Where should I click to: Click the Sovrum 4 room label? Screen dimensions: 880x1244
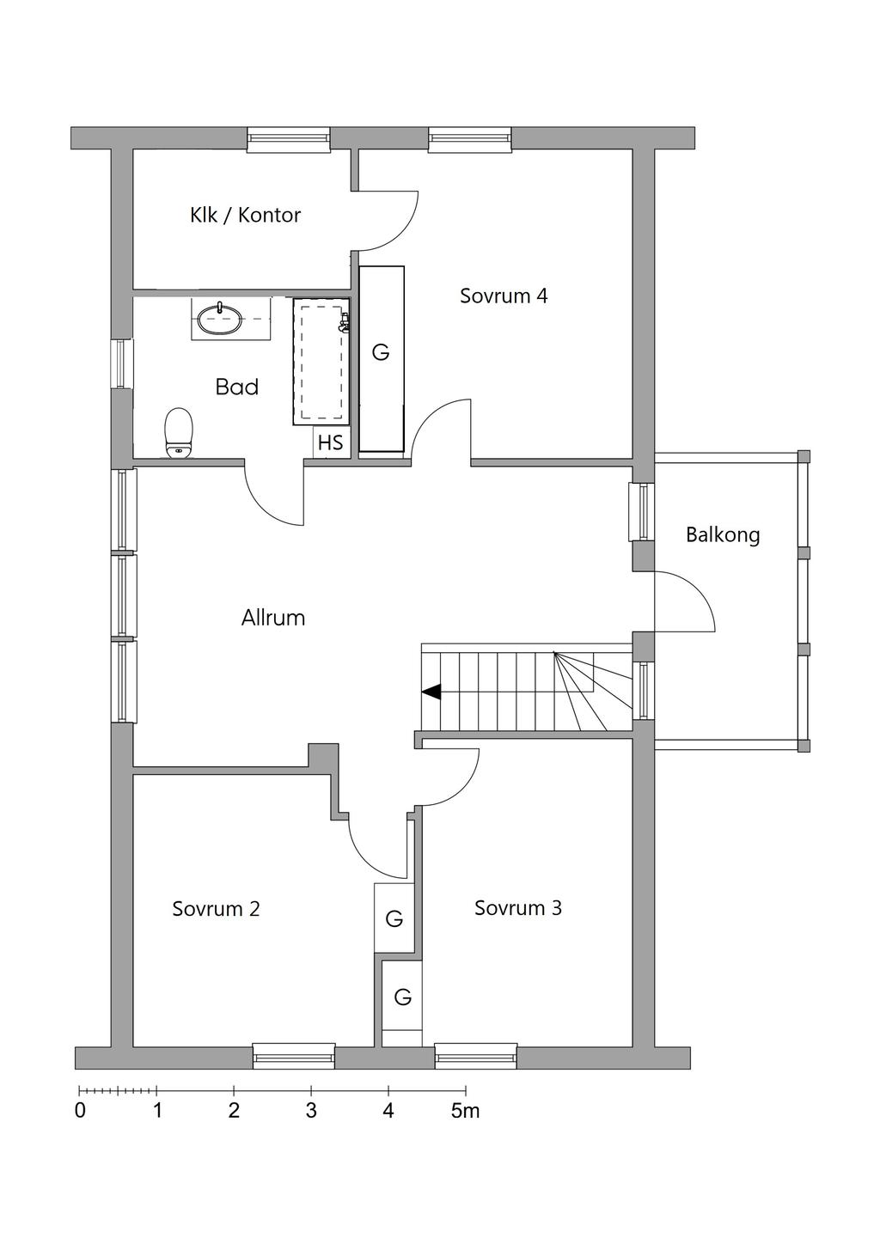pyautogui.click(x=504, y=296)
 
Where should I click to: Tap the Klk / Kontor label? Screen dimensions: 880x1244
pyautogui.click(x=245, y=215)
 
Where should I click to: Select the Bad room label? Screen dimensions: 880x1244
pyautogui.click(x=237, y=387)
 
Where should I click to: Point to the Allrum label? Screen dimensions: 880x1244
pyautogui.click(x=273, y=618)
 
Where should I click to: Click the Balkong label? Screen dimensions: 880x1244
pyautogui.click(x=723, y=535)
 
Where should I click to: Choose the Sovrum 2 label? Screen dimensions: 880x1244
pyautogui.click(x=216, y=909)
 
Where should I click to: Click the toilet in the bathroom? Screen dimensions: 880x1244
pyautogui.click(x=179, y=433)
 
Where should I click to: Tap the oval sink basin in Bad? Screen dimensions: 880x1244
pyautogui.click(x=221, y=320)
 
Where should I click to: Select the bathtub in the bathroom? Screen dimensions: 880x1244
pyautogui.click(x=321, y=362)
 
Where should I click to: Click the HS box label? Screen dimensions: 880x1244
pyautogui.click(x=331, y=442)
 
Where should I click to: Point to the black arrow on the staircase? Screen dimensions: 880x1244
pyautogui.click(x=431, y=692)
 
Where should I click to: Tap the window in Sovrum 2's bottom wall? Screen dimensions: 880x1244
pyautogui.click(x=294, y=1056)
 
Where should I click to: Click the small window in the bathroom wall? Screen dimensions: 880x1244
pyautogui.click(x=122, y=363)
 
